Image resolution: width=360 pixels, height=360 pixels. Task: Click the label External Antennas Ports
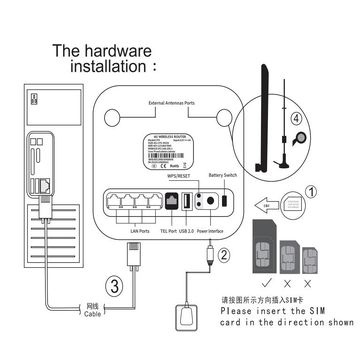point(178,103)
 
